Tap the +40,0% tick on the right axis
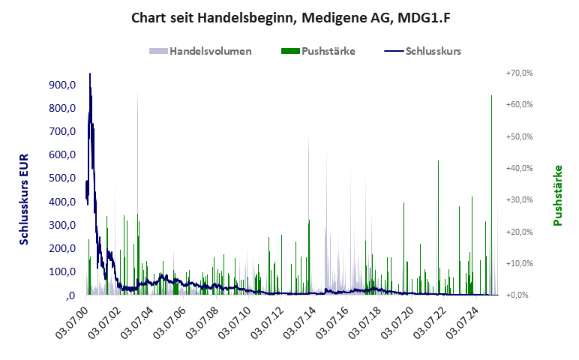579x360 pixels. (519, 168)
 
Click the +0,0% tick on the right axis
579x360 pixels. (520, 295)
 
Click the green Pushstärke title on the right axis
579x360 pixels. (557, 195)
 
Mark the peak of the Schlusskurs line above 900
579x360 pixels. (90, 73)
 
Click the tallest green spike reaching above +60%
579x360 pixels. (491, 96)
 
